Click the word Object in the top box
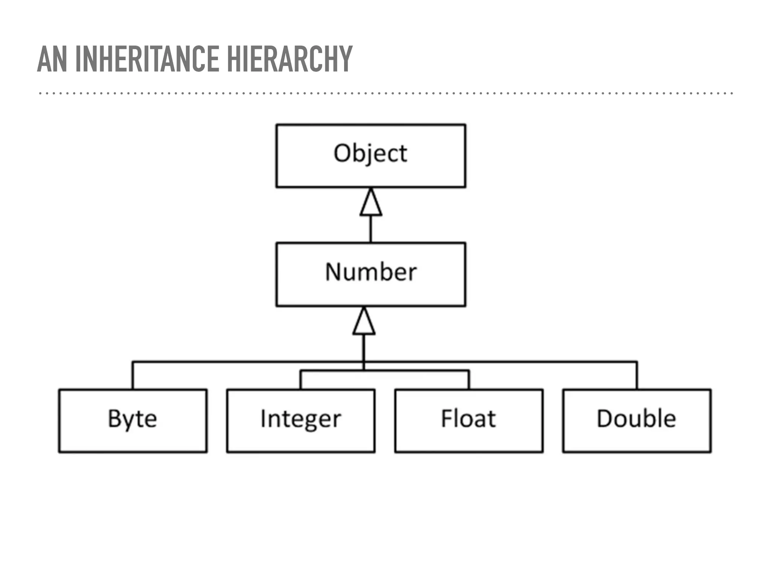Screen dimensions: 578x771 point(370,154)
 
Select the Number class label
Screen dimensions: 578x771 point(371,272)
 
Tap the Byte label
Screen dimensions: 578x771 point(133,419)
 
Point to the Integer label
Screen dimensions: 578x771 point(301,419)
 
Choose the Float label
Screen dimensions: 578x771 point(468,418)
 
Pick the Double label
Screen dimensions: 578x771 point(637,418)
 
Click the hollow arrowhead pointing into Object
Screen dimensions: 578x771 point(371,204)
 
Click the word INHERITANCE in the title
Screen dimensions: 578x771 point(147,59)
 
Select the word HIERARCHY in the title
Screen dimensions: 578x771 point(290,59)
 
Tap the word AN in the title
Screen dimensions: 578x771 point(52,59)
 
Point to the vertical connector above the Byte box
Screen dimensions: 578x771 point(133,376)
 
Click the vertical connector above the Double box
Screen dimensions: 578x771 point(637,376)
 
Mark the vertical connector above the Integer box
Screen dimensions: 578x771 point(301,380)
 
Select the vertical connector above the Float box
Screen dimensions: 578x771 point(469,380)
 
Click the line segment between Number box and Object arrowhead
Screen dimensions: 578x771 point(371,229)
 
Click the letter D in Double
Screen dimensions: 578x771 point(605,418)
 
